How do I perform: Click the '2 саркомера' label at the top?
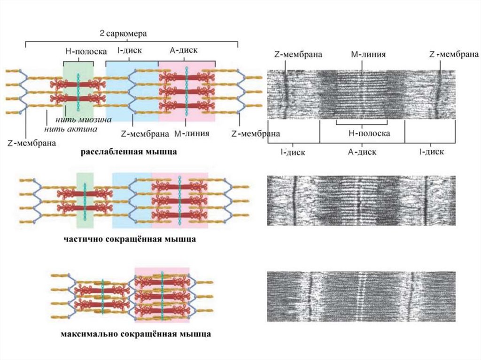point(124,34)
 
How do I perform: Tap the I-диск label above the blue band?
point(129,50)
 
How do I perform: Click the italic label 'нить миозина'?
point(82,120)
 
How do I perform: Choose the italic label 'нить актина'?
point(71,128)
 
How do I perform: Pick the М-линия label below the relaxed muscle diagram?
point(191,134)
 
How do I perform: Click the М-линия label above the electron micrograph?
point(368,54)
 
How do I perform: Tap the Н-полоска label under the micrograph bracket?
point(369,133)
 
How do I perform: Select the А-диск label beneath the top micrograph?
point(362,152)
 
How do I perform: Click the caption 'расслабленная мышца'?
point(129,152)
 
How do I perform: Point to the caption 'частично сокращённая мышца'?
point(130,239)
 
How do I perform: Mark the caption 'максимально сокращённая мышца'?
point(135,335)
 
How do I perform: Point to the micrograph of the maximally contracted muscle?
point(361,296)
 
